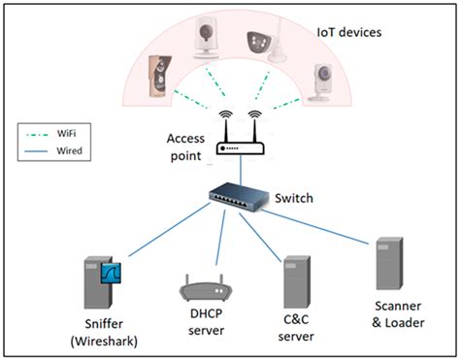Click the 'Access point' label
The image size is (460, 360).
click(185, 146)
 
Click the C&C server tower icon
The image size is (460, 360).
click(297, 281)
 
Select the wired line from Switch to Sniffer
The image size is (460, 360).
click(165, 234)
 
